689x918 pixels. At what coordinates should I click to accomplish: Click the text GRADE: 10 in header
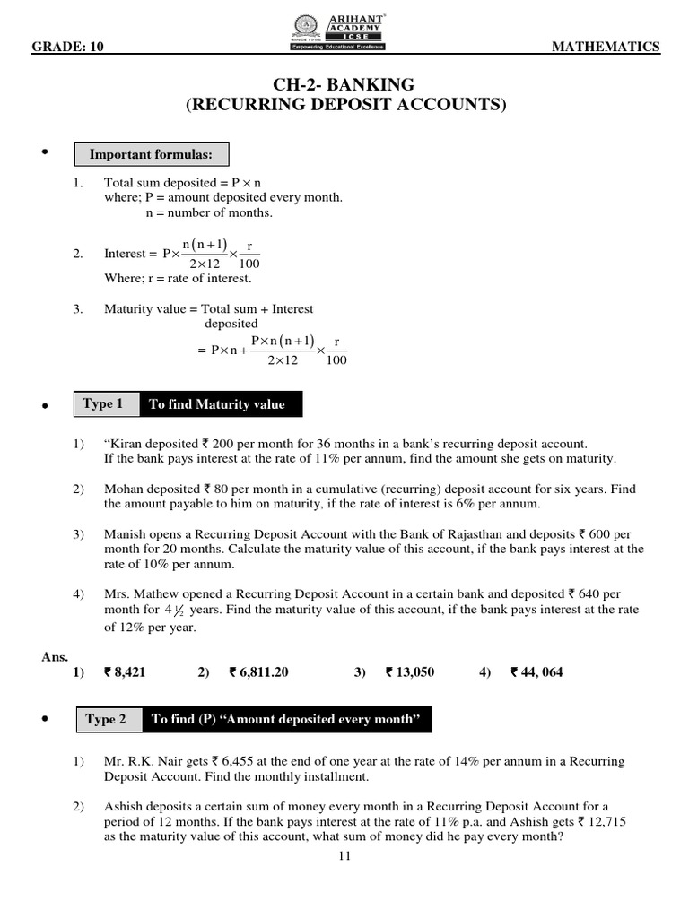[66, 48]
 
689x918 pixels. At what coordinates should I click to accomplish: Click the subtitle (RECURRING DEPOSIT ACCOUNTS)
[345, 105]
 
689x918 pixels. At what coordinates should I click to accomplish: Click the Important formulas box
[151, 155]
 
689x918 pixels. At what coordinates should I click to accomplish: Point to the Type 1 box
[103, 404]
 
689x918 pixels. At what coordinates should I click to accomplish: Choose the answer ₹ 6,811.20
[259, 671]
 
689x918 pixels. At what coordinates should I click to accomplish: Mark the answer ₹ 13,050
[410, 671]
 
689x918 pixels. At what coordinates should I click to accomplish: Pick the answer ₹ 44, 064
[536, 671]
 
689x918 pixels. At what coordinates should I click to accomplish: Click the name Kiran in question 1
[127, 444]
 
